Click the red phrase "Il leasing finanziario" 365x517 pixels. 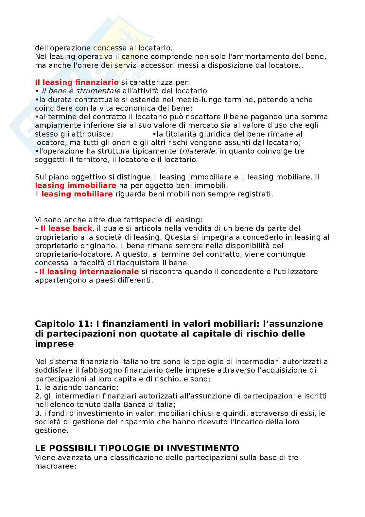(77, 82)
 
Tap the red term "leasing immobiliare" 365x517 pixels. (76, 185)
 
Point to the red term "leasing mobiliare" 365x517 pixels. (77, 194)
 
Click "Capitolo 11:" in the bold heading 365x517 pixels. (64, 323)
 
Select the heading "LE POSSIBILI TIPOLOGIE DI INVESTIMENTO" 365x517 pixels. (137, 448)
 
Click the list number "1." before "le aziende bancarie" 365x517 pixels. (38, 387)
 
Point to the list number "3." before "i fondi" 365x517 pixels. (38, 413)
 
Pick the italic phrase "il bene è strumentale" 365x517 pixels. (81, 91)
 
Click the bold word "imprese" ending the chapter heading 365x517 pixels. (54, 344)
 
